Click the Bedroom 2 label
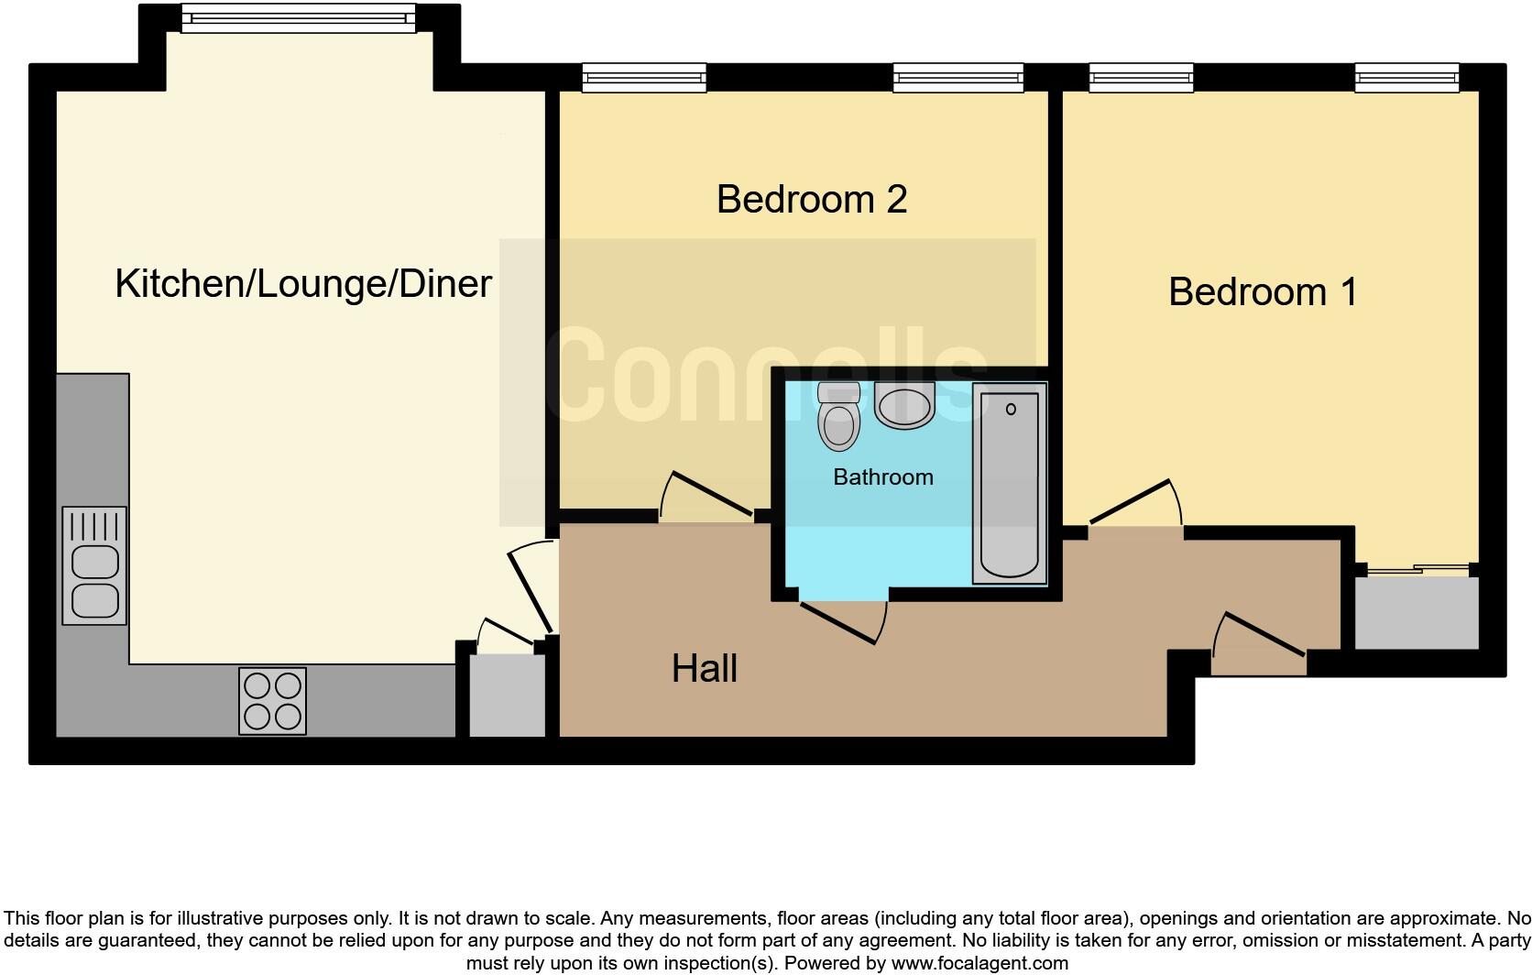point(811,199)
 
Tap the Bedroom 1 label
point(1262,292)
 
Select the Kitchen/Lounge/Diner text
point(303,284)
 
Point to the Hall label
point(704,669)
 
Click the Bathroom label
point(882,477)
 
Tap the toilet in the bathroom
point(838,418)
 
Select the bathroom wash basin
point(904,406)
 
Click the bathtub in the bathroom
point(1009,484)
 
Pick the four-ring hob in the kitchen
point(272,701)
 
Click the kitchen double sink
point(94,566)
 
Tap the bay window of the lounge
point(298,18)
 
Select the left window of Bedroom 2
point(644,79)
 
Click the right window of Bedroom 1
point(1406,79)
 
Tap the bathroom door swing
point(843,621)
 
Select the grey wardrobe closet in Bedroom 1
point(1416,612)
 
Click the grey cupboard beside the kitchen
point(507,696)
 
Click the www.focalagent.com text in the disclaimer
point(979,963)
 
